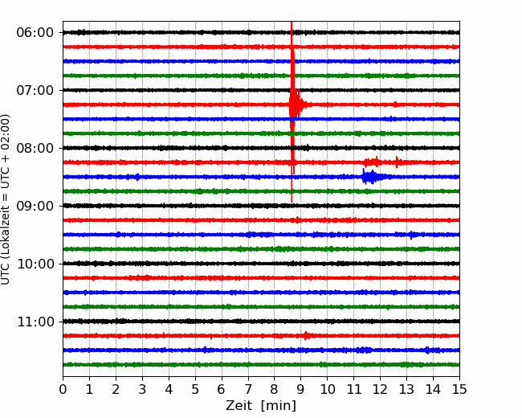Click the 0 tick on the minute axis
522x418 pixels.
point(63,390)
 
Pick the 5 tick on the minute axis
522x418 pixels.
point(195,390)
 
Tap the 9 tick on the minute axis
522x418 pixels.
point(301,390)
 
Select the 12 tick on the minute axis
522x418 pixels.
point(380,390)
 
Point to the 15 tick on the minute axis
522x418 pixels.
point(459,390)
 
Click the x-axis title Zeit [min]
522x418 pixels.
point(261,406)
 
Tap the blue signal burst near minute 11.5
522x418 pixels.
point(370,177)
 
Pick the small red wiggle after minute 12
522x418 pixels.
point(397,162)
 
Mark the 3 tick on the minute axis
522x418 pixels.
point(142,390)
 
